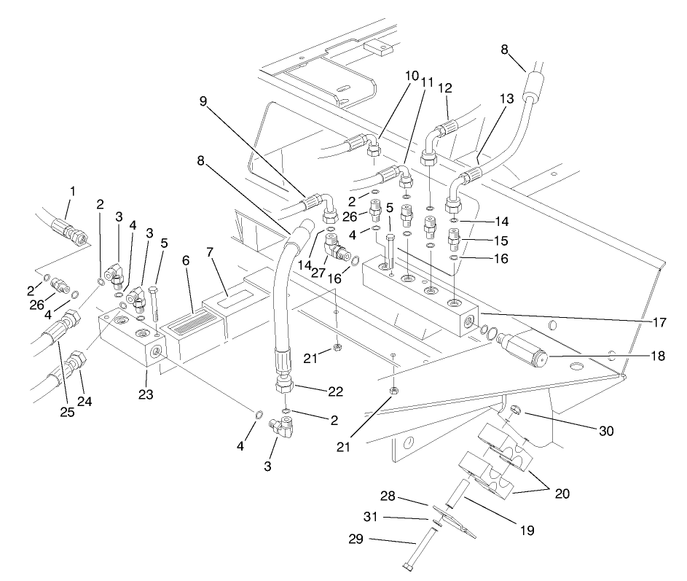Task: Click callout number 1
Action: click(72, 192)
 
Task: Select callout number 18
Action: click(659, 357)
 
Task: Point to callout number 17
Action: click(659, 321)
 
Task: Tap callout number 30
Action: click(606, 431)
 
